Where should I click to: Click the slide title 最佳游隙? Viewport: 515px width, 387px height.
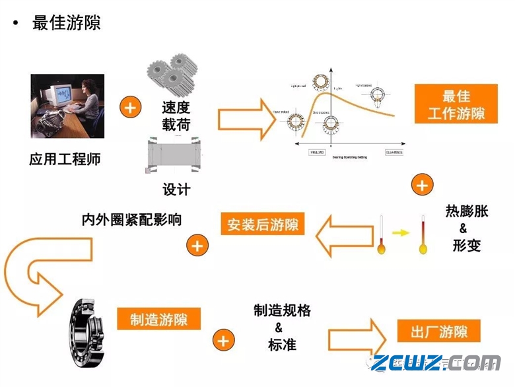(66, 23)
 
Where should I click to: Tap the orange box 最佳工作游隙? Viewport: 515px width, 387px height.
(456, 104)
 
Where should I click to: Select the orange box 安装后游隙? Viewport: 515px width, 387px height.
(262, 225)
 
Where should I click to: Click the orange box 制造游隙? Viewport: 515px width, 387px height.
(158, 320)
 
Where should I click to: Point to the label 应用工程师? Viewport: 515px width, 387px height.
(65, 159)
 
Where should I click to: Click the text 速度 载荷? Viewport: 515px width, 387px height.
(176, 116)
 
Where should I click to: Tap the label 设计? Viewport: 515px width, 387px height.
(176, 190)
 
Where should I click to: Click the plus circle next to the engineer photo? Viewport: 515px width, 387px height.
(130, 107)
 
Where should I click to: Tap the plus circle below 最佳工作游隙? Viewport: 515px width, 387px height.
(421, 185)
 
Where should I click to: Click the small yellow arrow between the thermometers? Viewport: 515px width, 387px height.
(399, 232)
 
